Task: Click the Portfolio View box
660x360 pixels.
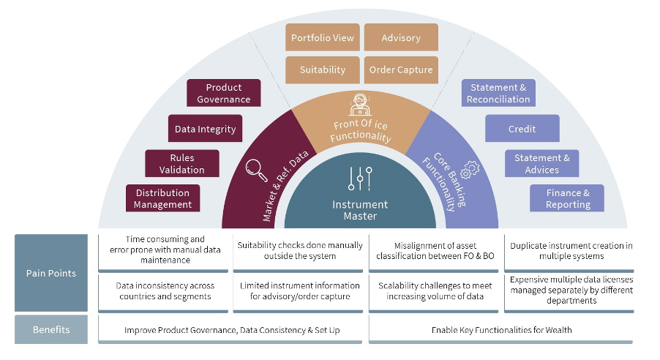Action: coord(323,38)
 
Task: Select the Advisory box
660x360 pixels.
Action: coord(401,38)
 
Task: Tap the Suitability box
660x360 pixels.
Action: coord(323,70)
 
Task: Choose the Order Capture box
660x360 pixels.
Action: coord(401,70)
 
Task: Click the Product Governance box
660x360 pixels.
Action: coord(224,93)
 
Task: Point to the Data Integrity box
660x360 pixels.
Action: coord(205,129)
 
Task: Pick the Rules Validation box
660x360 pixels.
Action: coord(182,164)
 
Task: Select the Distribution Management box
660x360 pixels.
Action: coord(162,199)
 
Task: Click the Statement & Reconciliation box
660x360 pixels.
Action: coord(498,93)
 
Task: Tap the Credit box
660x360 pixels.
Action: coord(522,129)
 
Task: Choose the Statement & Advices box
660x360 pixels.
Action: coord(541,164)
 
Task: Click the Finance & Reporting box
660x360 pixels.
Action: coord(567,199)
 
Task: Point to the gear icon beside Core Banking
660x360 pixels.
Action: coord(470,169)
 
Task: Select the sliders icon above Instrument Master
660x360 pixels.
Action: coord(361,178)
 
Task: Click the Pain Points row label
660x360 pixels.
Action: coord(50,274)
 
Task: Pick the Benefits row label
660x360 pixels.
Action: coord(50,330)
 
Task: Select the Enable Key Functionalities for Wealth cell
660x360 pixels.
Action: coord(501,330)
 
